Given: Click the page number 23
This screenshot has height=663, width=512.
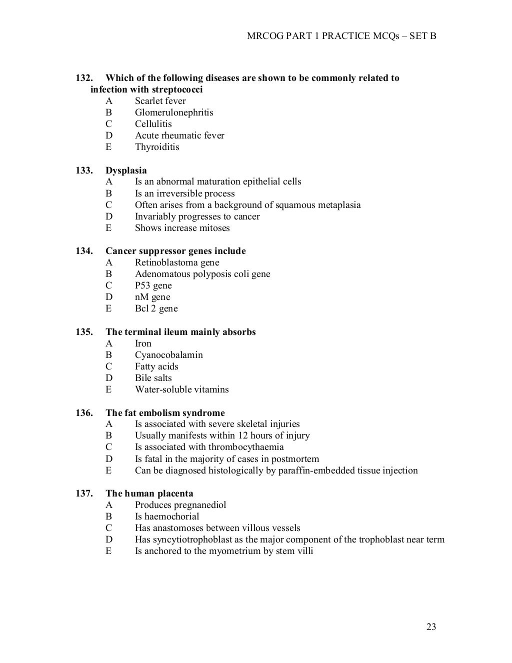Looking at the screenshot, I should coord(431,627).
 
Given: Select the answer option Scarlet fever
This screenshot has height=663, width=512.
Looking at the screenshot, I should coord(160,101).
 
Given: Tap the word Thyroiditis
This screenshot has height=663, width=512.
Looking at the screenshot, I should coord(157,147).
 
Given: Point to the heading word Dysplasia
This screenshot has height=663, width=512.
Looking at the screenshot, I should coord(126,170).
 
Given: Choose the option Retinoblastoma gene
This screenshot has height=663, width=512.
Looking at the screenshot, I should coord(177,262).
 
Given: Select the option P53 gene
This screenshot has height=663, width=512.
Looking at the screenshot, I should coord(153,285).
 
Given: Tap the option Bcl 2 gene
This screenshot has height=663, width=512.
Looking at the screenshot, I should coord(156,308).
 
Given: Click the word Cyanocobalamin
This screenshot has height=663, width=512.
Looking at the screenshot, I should coord(168,355).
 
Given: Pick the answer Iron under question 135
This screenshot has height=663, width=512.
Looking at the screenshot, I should coord(143,343).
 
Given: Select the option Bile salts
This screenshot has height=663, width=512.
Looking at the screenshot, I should coord(153,378).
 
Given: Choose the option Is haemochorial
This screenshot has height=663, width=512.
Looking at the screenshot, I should coord(167,516).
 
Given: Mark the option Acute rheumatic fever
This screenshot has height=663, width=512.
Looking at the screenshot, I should coord(179,135).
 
